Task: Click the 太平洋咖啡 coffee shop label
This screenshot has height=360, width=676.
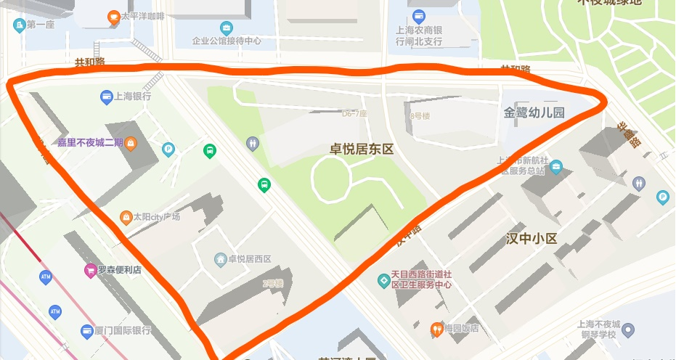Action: point(144,16)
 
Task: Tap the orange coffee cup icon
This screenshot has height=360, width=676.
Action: point(113,16)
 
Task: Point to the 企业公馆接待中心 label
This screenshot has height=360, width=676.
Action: point(226,41)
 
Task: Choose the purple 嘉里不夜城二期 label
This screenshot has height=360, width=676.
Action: point(90,142)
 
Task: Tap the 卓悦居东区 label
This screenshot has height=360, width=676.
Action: point(362,150)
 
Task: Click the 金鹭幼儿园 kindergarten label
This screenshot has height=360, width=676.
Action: point(534,113)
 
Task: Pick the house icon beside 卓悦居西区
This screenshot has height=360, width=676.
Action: point(219,259)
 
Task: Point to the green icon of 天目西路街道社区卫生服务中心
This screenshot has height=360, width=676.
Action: point(383,279)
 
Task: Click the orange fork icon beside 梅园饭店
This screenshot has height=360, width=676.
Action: point(436,328)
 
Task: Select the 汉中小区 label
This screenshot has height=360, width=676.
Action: point(532,239)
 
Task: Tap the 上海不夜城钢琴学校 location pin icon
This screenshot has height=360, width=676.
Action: point(629,331)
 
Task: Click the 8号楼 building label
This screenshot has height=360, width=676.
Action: point(420,116)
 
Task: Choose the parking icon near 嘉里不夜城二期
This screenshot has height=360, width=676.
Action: point(168,150)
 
